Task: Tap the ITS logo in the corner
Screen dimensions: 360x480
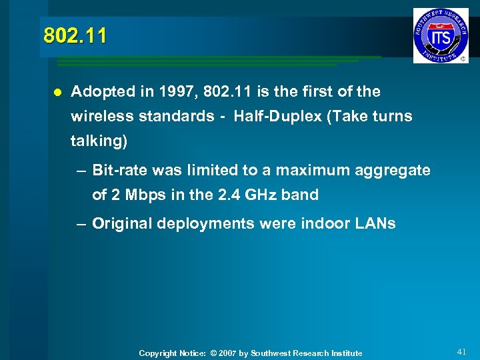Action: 440,35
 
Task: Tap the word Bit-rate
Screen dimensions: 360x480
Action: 120,170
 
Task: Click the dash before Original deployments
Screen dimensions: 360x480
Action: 81,223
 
